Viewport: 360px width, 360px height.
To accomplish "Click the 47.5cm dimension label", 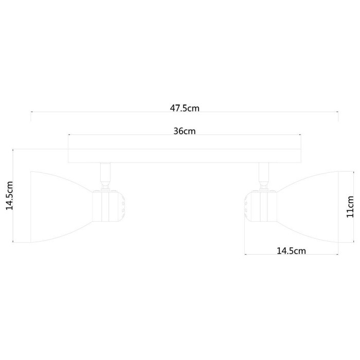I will (x=184, y=108).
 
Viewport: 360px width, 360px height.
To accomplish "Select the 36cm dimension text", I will (x=184, y=131).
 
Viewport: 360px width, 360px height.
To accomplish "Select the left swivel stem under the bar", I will (x=104, y=175).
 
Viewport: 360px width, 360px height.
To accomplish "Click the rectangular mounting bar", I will (x=184, y=155).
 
